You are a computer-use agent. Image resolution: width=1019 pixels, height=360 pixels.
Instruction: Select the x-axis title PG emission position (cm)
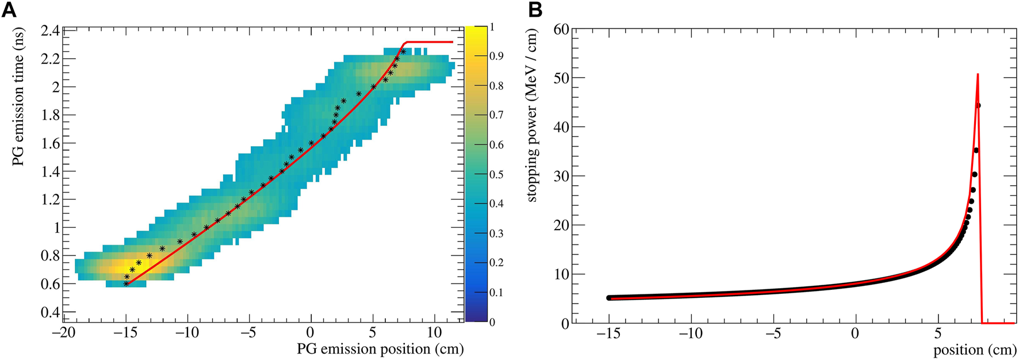[x=380, y=349]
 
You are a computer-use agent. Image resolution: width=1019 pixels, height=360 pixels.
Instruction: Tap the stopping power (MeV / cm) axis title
[x=531, y=115]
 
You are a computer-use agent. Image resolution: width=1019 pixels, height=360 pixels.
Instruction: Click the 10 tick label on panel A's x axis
[x=435, y=332]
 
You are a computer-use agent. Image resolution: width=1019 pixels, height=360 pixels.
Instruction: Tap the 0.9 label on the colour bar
[x=496, y=56]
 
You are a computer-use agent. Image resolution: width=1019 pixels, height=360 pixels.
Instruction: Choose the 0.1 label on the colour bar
[x=496, y=292]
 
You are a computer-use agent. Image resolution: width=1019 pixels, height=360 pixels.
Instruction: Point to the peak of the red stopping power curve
[x=978, y=74]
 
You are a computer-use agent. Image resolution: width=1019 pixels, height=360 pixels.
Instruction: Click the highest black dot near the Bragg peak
[x=978, y=106]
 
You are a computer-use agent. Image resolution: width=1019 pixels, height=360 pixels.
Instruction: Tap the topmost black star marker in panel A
[x=403, y=52]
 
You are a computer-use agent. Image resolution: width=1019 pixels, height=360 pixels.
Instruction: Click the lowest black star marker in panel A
[x=126, y=284]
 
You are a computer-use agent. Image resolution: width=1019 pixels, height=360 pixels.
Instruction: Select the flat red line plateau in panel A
[x=431, y=42]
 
